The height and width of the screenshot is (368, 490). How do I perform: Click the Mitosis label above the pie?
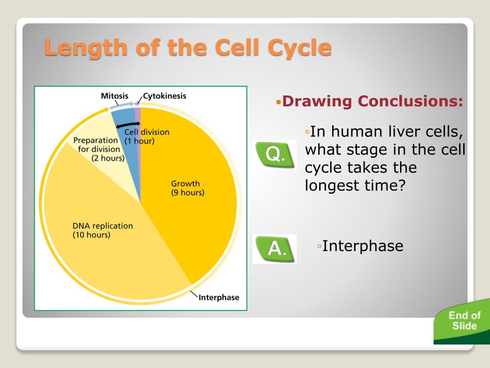click(x=114, y=96)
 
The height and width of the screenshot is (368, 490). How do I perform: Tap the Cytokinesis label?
click(x=165, y=96)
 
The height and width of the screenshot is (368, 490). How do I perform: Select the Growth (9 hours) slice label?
click(x=188, y=188)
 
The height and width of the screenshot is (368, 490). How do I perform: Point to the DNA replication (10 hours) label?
click(x=102, y=230)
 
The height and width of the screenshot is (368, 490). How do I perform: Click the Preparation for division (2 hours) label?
click(x=99, y=149)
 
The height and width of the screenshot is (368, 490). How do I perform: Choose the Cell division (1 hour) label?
click(x=147, y=137)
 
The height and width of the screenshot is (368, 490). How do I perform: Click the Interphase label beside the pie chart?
click(x=219, y=297)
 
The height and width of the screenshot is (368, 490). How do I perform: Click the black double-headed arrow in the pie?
click(x=128, y=126)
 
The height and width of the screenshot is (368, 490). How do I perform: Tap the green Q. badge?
click(x=275, y=155)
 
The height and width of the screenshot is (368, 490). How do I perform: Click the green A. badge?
click(x=275, y=249)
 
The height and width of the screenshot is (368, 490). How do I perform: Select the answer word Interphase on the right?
click(x=363, y=246)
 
